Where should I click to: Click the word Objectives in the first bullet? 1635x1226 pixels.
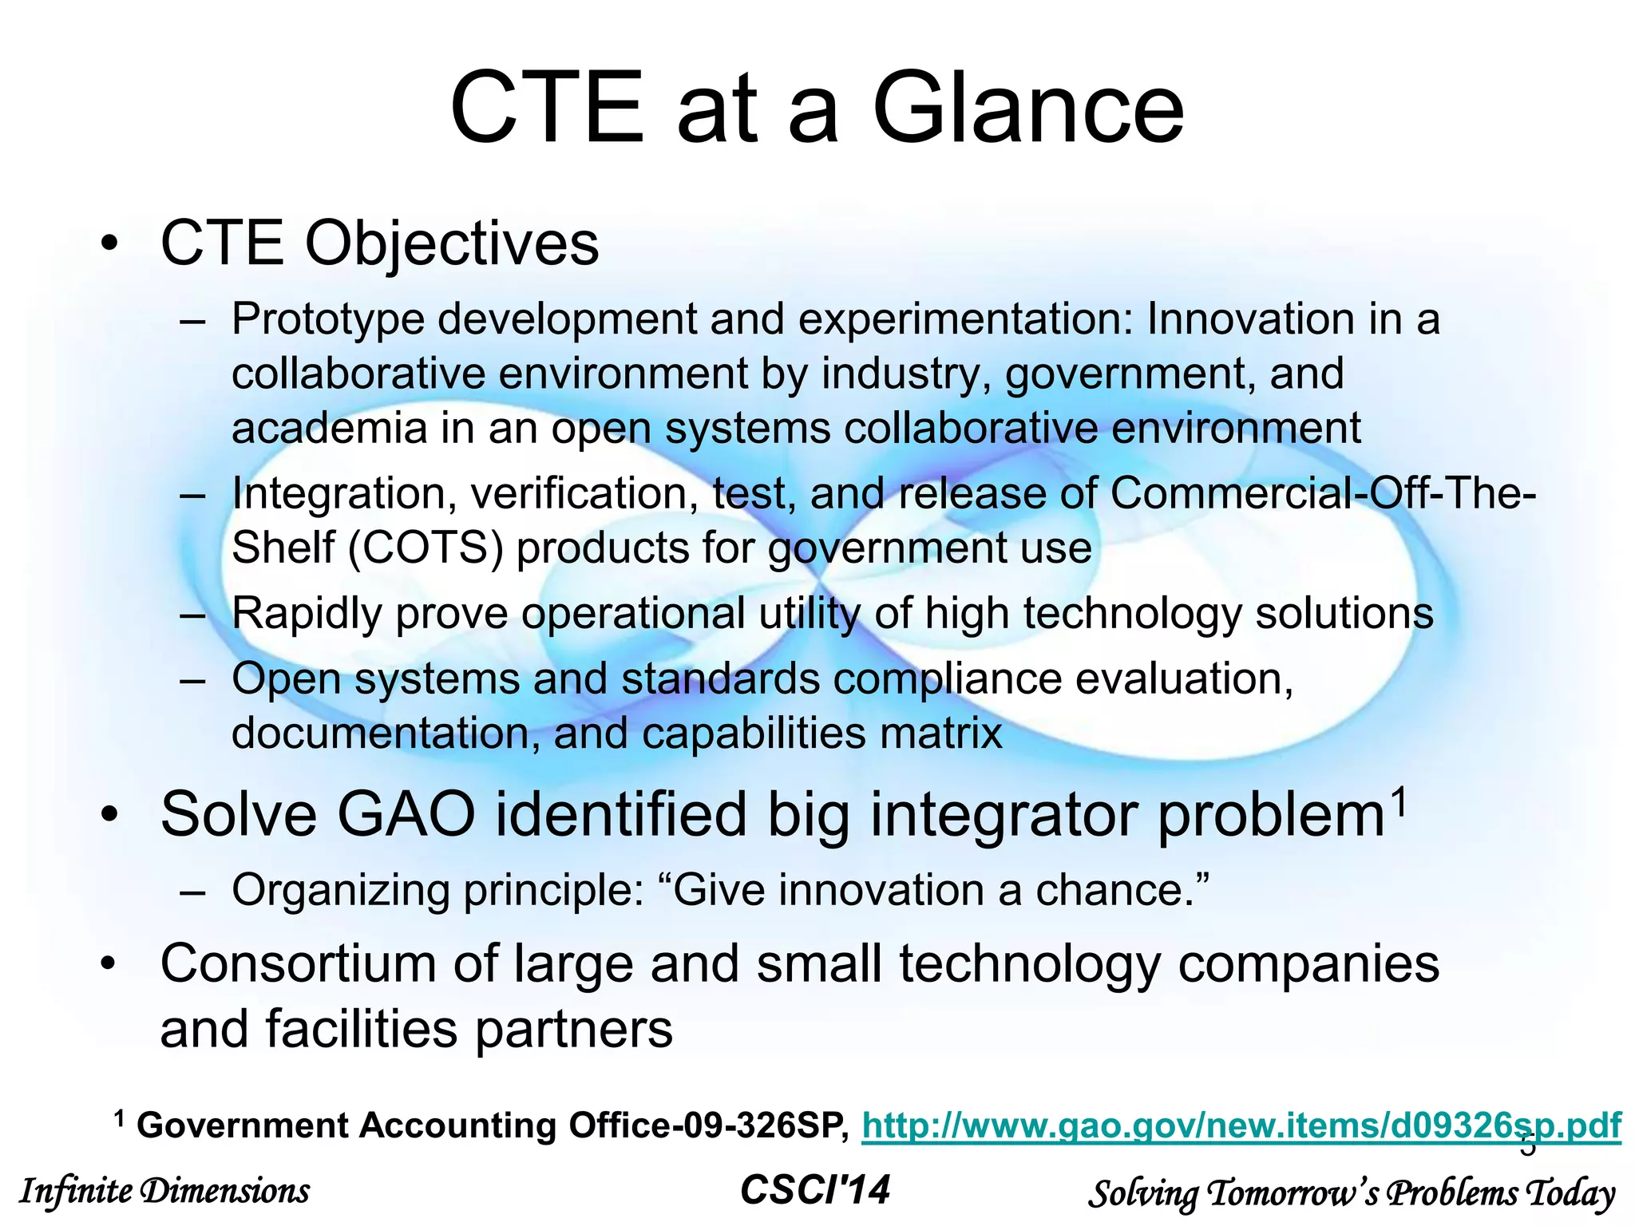[x=451, y=243]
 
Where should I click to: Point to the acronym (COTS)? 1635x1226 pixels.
[x=426, y=548]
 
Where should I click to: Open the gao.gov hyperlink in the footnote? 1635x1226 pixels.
[x=1241, y=1125]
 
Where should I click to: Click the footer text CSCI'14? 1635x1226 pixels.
[x=815, y=1190]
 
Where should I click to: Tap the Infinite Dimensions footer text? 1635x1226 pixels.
[x=164, y=1192]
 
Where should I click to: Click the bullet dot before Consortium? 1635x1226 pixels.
[x=109, y=964]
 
